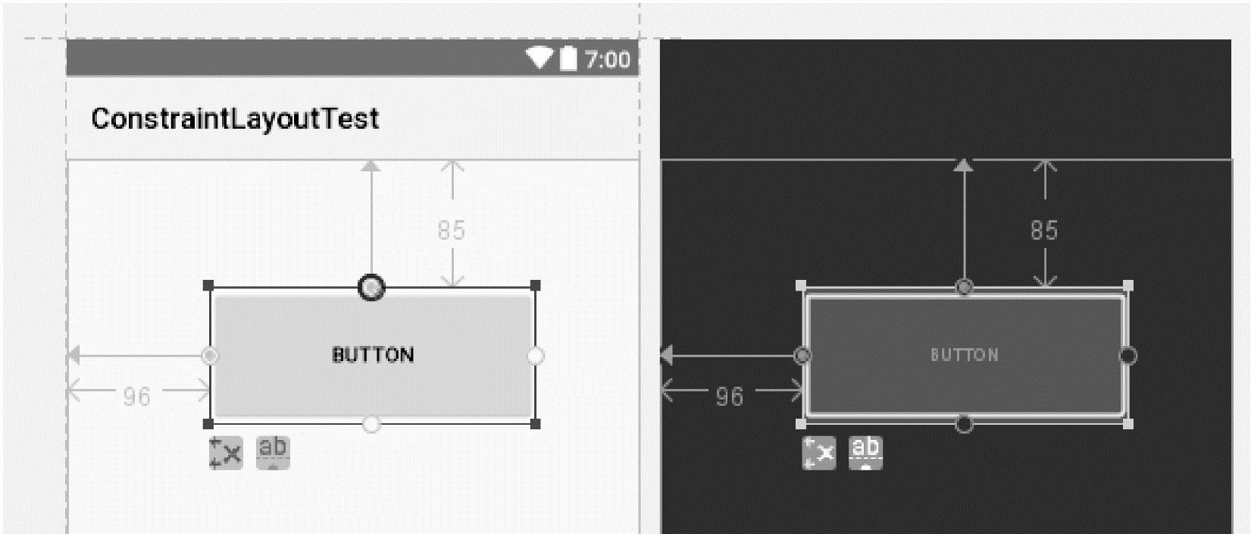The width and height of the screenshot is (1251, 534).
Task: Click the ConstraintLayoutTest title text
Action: pyautogui.click(x=235, y=119)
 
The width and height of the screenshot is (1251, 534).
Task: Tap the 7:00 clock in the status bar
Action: pyautogui.click(x=607, y=59)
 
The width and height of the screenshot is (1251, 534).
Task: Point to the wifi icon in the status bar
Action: pyautogui.click(x=539, y=58)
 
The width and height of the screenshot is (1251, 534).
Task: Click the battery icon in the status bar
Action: pyautogui.click(x=568, y=58)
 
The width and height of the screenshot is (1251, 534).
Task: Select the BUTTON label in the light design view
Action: pyautogui.click(x=373, y=355)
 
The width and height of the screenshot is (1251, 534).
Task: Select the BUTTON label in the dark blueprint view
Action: pyautogui.click(x=965, y=355)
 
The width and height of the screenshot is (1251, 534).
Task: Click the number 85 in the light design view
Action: pyautogui.click(x=452, y=231)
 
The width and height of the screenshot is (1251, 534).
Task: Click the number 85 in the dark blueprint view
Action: pyautogui.click(x=1044, y=231)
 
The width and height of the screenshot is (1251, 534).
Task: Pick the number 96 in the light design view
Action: pyautogui.click(x=137, y=396)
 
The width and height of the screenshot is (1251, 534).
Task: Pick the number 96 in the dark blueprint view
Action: pyautogui.click(x=730, y=396)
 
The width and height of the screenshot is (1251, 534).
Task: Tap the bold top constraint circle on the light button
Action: pyautogui.click(x=371, y=288)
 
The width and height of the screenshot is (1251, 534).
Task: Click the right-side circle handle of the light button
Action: pyautogui.click(x=536, y=356)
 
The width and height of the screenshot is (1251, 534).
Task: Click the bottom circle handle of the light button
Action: pyautogui.click(x=371, y=424)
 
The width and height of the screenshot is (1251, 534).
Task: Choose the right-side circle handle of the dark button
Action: pyautogui.click(x=1128, y=356)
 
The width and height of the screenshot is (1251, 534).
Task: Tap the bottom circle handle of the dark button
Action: pyautogui.click(x=964, y=424)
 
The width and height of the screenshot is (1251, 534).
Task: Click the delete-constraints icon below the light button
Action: pyautogui.click(x=226, y=453)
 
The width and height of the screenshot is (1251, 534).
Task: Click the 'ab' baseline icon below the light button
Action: pyautogui.click(x=273, y=452)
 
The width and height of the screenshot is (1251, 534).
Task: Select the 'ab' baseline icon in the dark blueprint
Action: pyautogui.click(x=865, y=452)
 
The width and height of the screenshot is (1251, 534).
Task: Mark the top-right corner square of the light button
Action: pyautogui.click(x=536, y=285)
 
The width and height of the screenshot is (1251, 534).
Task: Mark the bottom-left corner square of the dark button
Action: pyautogui.click(x=802, y=424)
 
